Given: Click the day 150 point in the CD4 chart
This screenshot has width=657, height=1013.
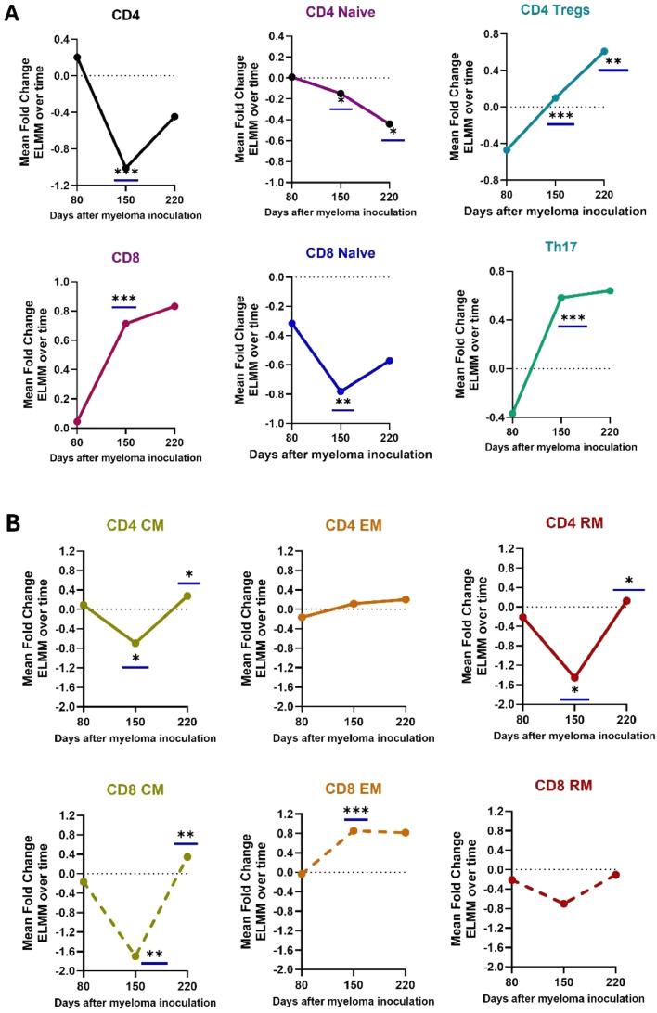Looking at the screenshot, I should [x=126, y=168].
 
